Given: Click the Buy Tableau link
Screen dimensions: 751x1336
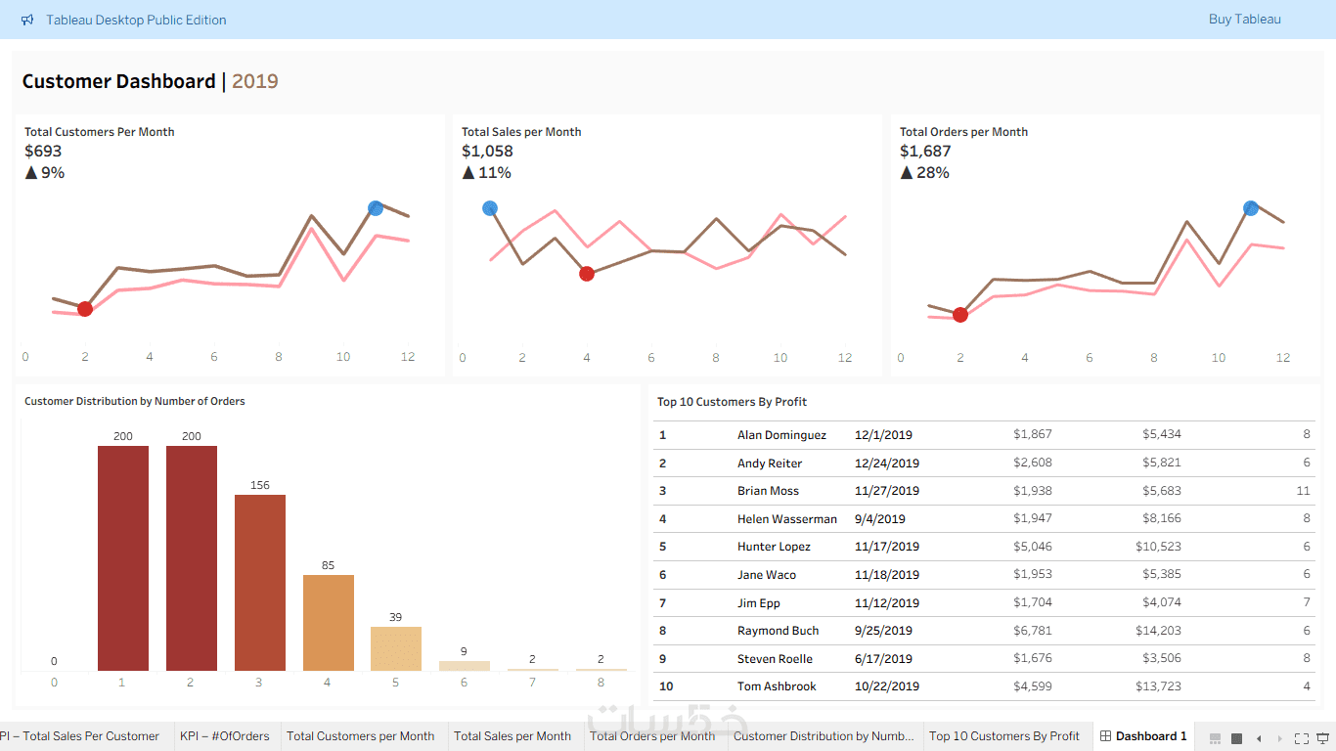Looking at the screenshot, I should pyautogui.click(x=1244, y=20).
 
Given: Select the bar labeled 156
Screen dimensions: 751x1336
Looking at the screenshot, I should pyautogui.click(x=260, y=582).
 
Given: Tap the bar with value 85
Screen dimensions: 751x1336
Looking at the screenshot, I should pyautogui.click(x=329, y=622).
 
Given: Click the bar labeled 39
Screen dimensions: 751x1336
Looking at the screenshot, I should pyautogui.click(x=396, y=648).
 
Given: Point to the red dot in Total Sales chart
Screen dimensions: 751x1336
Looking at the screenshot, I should pyautogui.click(x=587, y=274).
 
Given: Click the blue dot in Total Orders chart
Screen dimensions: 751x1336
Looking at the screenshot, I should pyautogui.click(x=1251, y=208).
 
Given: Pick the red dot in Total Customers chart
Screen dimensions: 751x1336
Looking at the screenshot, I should pyautogui.click(x=85, y=309).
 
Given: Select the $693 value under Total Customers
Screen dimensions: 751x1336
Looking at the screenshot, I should pyautogui.click(x=43, y=152).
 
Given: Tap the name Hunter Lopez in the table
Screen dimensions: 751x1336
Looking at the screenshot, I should pyautogui.click(x=774, y=547).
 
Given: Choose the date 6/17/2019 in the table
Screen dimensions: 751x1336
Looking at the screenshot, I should pyautogui.click(x=883, y=659).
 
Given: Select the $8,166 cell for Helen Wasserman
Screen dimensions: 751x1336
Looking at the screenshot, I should pyautogui.click(x=1161, y=519).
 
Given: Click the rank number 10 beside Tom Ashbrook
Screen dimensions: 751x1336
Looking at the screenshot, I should pyautogui.click(x=666, y=686).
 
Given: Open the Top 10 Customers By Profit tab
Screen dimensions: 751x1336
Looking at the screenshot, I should pyautogui.click(x=1004, y=736).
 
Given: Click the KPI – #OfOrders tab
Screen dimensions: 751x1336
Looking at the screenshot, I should pyautogui.click(x=225, y=736).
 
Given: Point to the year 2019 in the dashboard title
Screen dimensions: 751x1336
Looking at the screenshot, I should pyautogui.click(x=255, y=82).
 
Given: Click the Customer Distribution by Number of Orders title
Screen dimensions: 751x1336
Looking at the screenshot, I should pyautogui.click(x=135, y=402).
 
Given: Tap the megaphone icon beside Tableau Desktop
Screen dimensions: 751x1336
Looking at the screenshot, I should pyautogui.click(x=27, y=21).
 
